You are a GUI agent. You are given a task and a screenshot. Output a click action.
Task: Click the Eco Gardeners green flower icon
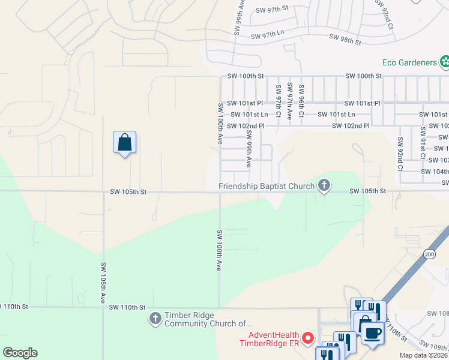pyautogui.click(x=444, y=61)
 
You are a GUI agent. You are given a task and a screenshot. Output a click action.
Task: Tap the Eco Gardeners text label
pyautogui.click(x=410, y=62)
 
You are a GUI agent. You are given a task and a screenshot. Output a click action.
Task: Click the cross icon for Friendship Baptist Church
pyautogui.click(x=324, y=186)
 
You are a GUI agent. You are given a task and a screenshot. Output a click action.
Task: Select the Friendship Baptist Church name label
pyautogui.click(x=267, y=186)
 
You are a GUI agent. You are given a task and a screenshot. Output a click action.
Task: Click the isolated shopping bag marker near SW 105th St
pyautogui.click(x=124, y=143)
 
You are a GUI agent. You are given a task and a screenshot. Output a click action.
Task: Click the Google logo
pyautogui.click(x=20, y=353)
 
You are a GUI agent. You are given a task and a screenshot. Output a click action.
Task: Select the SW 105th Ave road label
pyautogui.click(x=103, y=281)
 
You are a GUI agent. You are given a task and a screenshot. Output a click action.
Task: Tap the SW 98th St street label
pyautogui.click(x=345, y=40)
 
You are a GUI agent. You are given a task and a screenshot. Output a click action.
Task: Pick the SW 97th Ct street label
pyautogui.click(x=278, y=101)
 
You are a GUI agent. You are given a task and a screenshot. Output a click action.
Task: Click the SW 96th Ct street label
pyautogui.click(x=301, y=101)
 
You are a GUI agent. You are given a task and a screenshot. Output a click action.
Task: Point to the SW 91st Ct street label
pyautogui.click(x=423, y=143)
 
